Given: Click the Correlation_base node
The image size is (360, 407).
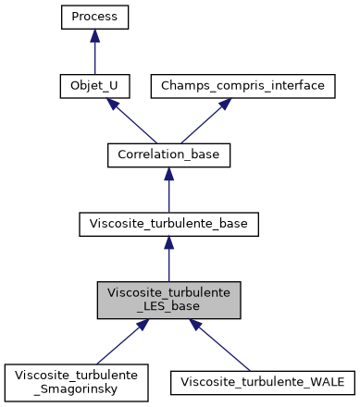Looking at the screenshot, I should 168,154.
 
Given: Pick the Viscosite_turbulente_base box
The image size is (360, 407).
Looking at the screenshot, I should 168,223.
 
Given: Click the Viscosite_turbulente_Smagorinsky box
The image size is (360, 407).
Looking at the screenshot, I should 77,382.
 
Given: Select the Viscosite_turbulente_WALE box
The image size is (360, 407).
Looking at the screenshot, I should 262,382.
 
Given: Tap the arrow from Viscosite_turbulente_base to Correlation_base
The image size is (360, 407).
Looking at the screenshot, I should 168,190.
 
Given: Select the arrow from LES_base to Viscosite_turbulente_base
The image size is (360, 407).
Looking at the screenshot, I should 168,259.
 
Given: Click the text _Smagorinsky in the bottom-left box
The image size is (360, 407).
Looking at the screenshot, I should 77,389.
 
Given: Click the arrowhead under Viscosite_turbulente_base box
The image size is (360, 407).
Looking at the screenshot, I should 168,242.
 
